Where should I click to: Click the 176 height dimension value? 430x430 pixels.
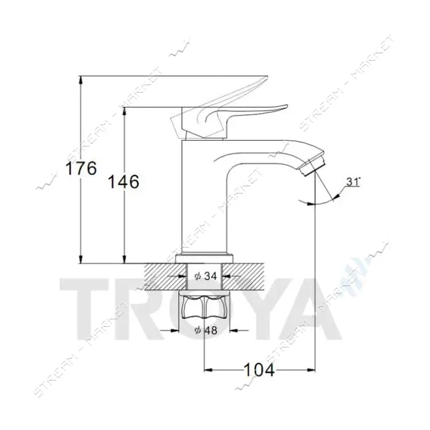coord(81,168)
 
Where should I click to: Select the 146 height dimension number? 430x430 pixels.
coord(123,182)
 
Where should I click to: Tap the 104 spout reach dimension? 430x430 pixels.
coord(259,370)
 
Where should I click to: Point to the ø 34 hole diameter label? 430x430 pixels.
coord(206,276)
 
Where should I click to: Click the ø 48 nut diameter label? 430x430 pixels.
coord(206,330)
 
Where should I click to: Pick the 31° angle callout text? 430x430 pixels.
coord(353,182)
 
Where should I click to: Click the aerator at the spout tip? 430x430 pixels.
coord(312,167)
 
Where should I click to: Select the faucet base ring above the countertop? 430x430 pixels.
coord(205,259)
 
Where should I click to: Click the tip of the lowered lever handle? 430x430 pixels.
coord(287,106)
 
